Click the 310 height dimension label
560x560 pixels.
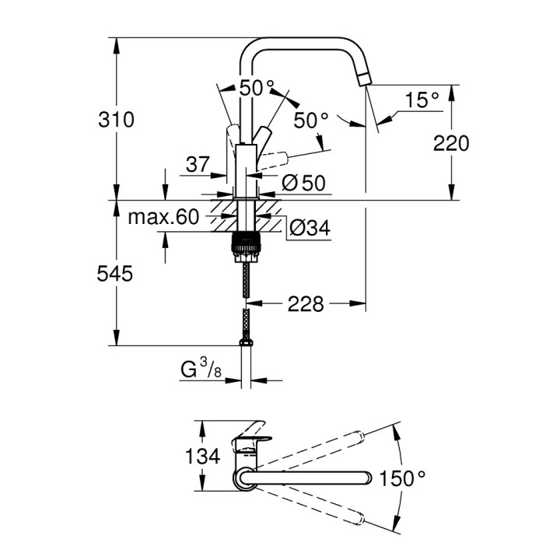click(117, 119)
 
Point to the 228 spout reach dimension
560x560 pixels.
click(305, 303)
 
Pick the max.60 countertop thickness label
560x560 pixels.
click(164, 217)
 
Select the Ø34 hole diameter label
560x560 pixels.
click(310, 228)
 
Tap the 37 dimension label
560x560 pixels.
click(198, 164)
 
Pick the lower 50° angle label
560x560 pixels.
click(311, 121)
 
